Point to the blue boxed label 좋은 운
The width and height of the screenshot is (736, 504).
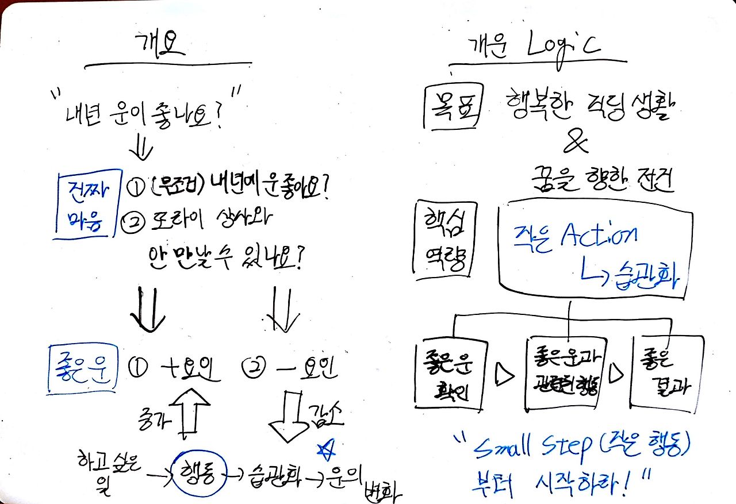point(82,368)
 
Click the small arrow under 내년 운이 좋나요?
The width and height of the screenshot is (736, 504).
point(141,151)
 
